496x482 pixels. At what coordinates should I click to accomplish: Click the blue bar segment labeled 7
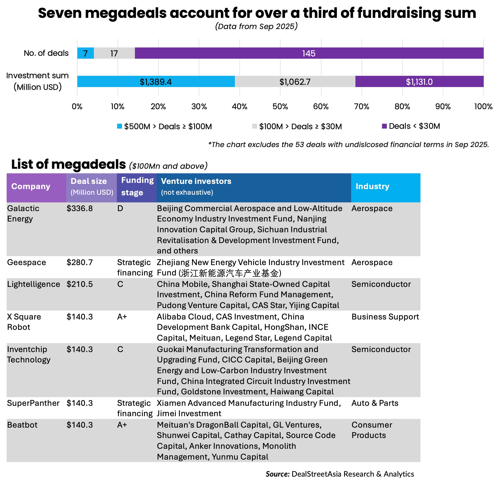85,53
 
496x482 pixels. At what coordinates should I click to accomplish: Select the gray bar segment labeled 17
114,53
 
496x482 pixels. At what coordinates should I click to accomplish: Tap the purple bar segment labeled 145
309,53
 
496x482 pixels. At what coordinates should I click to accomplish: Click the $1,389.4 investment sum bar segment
156,82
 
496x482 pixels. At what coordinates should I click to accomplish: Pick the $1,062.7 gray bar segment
295,82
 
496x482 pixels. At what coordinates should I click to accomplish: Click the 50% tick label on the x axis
280,106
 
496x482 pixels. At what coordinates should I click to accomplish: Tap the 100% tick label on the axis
483,106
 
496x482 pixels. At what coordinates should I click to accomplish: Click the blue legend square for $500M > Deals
120,126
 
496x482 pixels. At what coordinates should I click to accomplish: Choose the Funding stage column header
137,186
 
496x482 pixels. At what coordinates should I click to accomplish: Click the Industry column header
372,186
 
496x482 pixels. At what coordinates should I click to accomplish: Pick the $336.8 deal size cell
80,208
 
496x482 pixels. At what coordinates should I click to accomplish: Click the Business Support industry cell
385,317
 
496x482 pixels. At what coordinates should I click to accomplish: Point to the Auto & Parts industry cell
375,403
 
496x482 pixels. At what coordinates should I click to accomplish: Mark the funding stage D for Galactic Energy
120,208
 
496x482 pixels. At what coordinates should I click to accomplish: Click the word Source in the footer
277,474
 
